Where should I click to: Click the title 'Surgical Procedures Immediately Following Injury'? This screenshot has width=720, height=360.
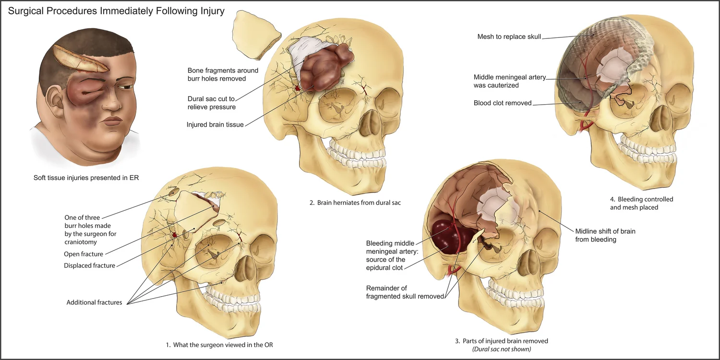pos(116,11)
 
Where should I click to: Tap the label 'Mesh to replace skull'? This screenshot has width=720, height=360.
pos(509,37)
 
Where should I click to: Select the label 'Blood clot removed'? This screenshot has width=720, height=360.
pos(503,103)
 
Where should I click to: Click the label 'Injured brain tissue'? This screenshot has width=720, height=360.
pos(215,125)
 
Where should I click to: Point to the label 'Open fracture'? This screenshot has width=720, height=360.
pos(84,254)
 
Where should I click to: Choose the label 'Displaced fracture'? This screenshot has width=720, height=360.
pos(90,265)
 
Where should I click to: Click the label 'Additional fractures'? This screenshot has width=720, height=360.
pos(94,302)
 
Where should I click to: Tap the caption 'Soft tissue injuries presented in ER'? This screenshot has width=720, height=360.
pos(86,178)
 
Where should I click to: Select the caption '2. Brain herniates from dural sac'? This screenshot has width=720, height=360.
pos(355,203)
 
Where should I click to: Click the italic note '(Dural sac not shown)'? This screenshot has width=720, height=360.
pos(501,349)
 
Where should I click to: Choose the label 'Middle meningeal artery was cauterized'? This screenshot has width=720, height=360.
pos(509,81)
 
